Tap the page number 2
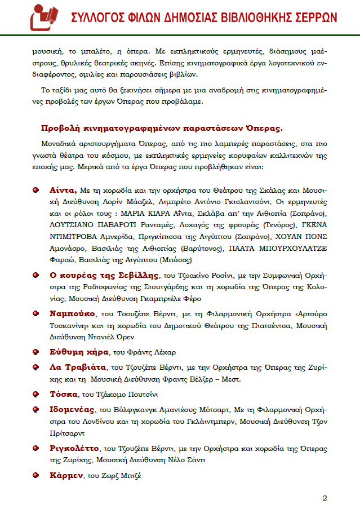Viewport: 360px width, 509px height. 325,498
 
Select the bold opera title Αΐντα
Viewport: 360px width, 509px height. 63,190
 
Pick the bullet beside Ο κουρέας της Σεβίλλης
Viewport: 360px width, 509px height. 35,276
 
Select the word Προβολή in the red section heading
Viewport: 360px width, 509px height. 61,127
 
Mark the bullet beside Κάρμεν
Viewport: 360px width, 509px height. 35,475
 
